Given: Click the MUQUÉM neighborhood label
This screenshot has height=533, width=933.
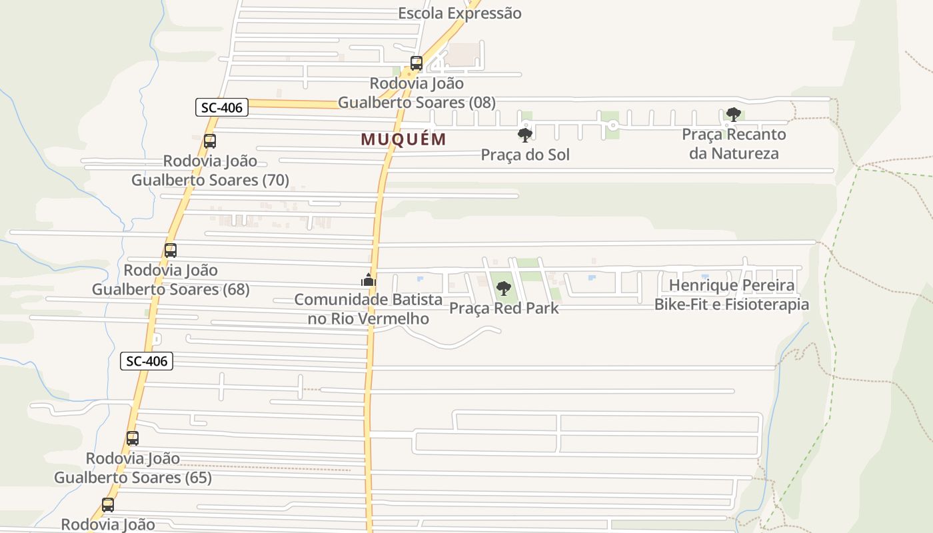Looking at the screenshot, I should (x=403, y=139).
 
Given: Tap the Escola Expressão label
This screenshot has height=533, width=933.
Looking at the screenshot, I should (x=459, y=13).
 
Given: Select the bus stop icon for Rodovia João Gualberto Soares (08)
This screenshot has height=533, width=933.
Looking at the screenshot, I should (x=417, y=63).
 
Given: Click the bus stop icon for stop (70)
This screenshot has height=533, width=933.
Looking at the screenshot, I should (x=210, y=141).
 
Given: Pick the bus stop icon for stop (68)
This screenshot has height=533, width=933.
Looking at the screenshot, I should (x=171, y=251).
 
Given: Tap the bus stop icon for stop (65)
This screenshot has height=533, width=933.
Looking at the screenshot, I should (x=133, y=438).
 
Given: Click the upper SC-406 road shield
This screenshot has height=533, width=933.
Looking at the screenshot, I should (x=222, y=107).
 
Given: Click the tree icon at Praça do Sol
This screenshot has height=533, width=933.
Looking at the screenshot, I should (x=525, y=135).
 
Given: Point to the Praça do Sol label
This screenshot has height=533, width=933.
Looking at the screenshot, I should (x=525, y=155).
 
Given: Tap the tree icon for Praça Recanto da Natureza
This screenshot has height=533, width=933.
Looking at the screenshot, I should (x=733, y=115).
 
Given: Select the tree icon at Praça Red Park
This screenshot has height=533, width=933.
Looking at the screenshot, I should (x=504, y=288).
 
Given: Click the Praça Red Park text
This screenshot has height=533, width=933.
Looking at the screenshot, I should (x=504, y=308).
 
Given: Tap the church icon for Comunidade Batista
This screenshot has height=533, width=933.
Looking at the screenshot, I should (x=369, y=280).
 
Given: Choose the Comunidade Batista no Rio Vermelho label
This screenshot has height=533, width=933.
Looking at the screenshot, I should (x=369, y=309).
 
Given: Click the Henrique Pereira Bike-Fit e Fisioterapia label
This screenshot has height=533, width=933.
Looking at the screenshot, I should (x=731, y=295).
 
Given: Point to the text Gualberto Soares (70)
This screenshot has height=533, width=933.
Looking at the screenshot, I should (x=210, y=180).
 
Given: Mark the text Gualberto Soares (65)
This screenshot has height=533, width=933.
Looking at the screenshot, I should (x=133, y=478).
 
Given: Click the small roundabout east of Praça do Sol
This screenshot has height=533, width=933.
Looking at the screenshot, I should (x=612, y=125).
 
